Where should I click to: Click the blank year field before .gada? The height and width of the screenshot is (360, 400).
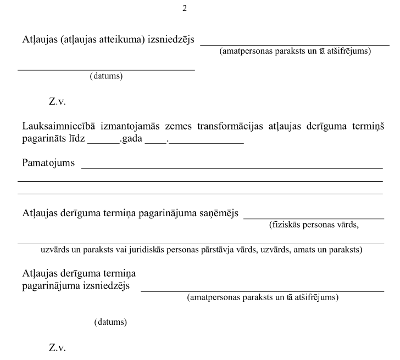(103, 142)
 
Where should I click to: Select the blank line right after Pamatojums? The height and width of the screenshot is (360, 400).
(231, 167)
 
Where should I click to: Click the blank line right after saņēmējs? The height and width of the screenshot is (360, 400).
(313, 217)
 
